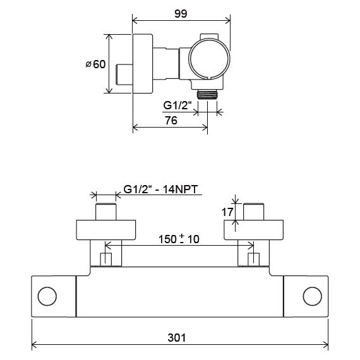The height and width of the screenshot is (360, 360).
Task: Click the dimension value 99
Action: tap(181, 14)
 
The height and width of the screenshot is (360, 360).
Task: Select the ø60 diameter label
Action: tap(95, 64)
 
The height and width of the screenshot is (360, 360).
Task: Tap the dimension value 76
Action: tap(171, 121)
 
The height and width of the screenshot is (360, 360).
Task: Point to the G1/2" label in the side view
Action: tap(177, 105)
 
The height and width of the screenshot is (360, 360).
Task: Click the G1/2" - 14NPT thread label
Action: tap(160, 189)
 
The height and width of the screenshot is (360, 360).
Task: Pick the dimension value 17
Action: tap(227, 212)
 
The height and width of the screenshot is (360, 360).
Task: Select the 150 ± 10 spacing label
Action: tap(179, 239)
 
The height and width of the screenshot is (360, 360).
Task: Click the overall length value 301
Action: tap(177, 338)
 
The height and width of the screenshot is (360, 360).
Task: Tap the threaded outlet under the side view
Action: tap(207, 95)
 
